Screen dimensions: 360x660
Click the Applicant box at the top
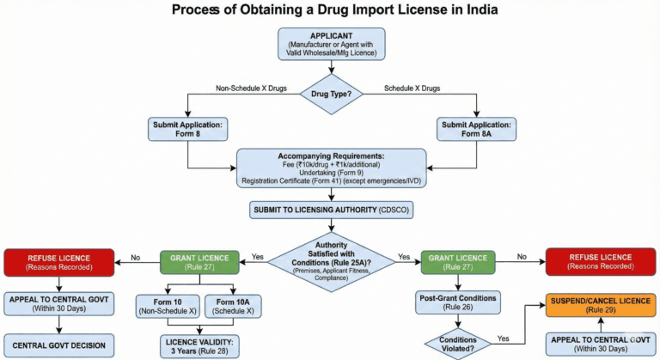330,45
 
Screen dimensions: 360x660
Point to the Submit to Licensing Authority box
330,209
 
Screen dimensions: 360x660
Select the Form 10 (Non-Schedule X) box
168,306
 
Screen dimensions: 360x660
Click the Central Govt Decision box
59,345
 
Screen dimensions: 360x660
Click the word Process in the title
205,11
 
